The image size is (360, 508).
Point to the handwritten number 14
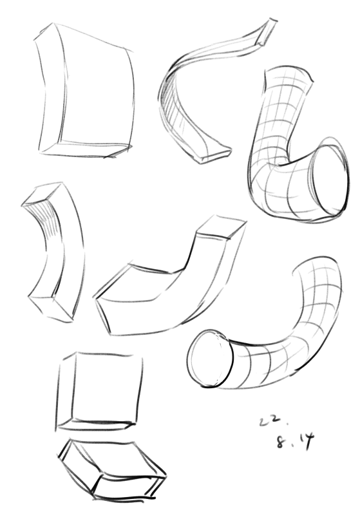[x=305, y=441]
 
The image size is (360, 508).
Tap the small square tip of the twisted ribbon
[x=267, y=32]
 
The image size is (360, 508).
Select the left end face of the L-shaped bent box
[x=103, y=315]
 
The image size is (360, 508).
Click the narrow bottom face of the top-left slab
[x=84, y=149]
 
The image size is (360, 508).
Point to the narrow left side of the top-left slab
[x=48, y=91]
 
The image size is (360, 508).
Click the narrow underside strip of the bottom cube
[x=95, y=424]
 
